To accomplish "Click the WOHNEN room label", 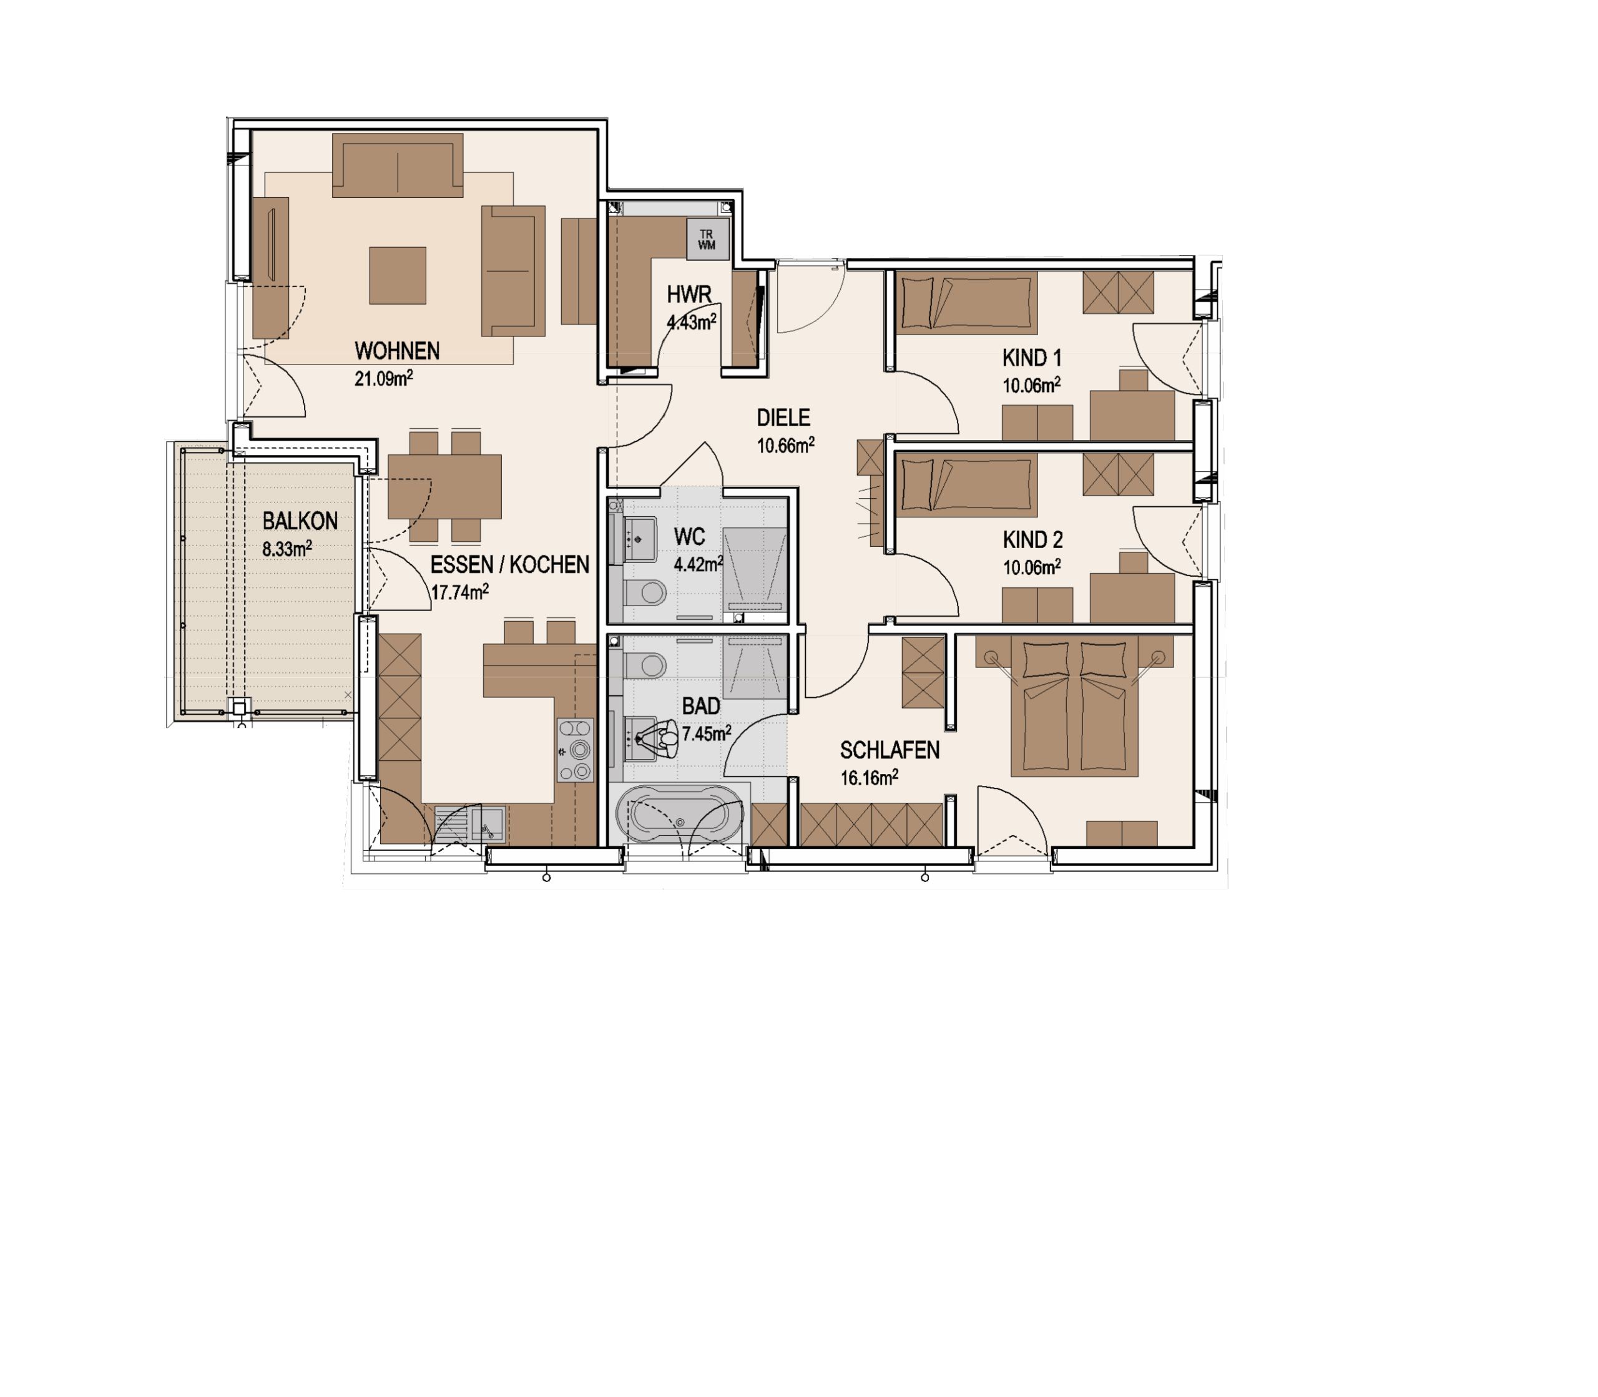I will pyautogui.click(x=397, y=351).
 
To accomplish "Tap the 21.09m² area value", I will pyautogui.click(x=383, y=379).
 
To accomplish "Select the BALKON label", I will pyautogui.click(x=300, y=521).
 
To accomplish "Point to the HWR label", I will pyautogui.click(x=689, y=295).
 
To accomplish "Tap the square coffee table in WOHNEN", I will pyautogui.click(x=398, y=275).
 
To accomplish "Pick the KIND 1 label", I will pyautogui.click(x=1031, y=358).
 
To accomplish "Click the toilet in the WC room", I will pyautogui.click(x=645, y=592).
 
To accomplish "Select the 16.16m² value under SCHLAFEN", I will pyautogui.click(x=869, y=778).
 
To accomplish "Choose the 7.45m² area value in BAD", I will pyautogui.click(x=706, y=733).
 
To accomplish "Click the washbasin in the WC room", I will pyautogui.click(x=639, y=538).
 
